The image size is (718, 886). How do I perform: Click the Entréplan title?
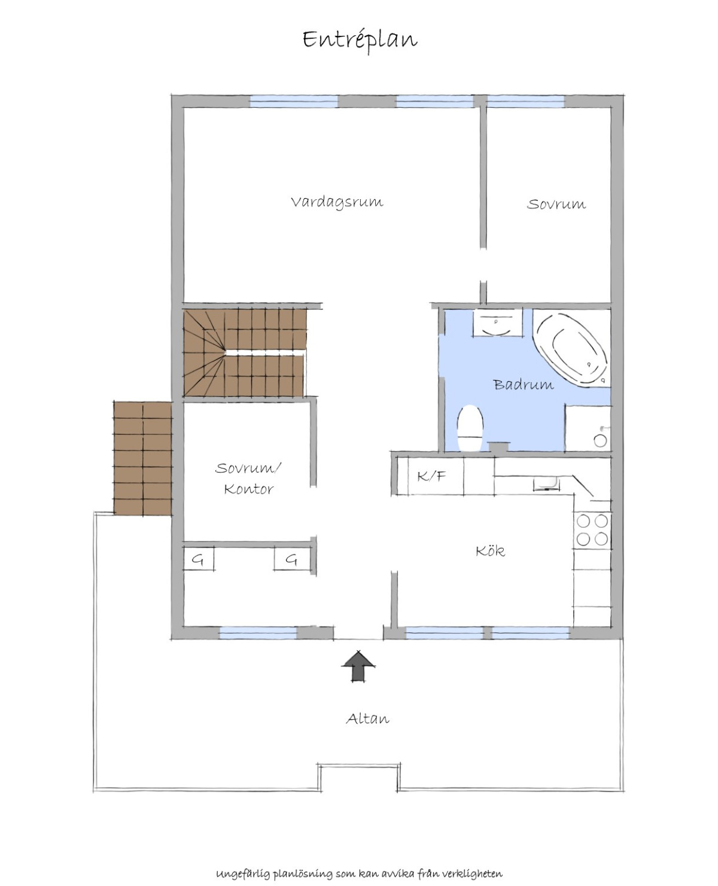point(360,41)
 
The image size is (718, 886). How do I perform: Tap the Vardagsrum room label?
point(337,203)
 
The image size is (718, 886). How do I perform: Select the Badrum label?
point(524,384)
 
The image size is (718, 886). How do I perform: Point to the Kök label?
point(491,551)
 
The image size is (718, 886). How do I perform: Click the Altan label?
point(368,718)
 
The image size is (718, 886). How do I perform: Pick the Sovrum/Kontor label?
point(248,479)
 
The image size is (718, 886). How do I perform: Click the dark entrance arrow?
point(358,666)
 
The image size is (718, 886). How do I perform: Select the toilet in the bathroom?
point(470,428)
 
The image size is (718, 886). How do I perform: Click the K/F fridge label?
point(431,476)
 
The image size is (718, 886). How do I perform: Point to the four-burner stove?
point(592,529)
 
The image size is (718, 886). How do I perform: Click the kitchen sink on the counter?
point(547,484)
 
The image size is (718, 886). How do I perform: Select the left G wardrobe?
point(199,559)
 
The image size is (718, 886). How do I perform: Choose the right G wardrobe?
point(293,559)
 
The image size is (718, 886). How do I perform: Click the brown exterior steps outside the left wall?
point(142,459)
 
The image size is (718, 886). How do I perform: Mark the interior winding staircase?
point(245,353)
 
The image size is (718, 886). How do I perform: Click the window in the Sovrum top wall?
point(526,101)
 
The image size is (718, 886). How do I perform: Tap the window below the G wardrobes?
point(258,633)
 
